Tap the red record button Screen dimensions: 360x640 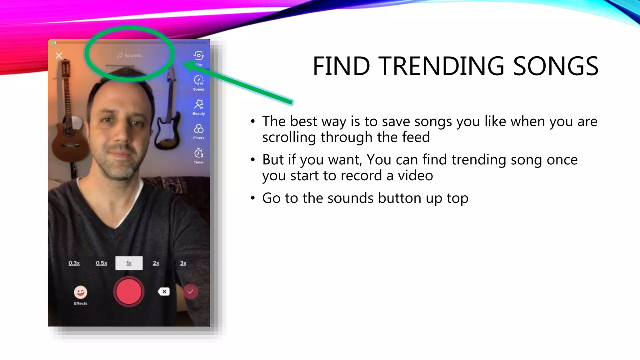[129, 291]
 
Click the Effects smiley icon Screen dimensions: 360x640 [80, 292]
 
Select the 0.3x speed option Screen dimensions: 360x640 [74, 263]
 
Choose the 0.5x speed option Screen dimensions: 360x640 [101, 263]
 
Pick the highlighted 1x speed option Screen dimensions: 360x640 [129, 263]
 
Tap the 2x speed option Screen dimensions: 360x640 [156, 263]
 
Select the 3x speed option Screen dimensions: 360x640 [183, 263]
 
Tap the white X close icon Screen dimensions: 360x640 [59, 56]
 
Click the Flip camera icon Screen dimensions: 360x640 [198, 56]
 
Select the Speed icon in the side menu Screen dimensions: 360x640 [198, 80]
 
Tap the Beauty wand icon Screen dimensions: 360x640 [198, 104]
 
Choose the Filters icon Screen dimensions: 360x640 [198, 129]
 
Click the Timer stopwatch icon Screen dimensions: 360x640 [198, 153]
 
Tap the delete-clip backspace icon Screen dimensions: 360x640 [164, 292]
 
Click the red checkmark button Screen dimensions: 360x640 [190, 292]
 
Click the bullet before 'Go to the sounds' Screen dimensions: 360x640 [253, 198]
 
